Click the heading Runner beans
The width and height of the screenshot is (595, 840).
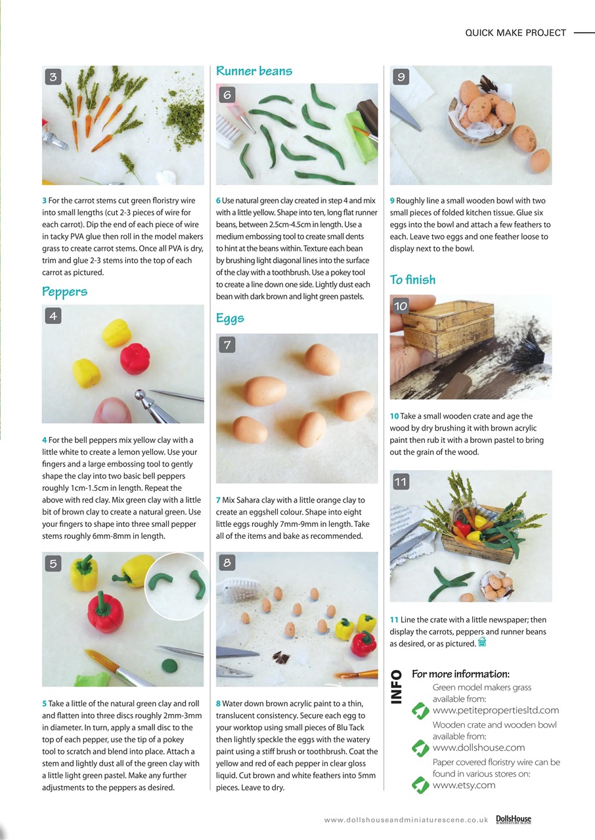click(254, 71)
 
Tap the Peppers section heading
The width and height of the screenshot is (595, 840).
click(64, 291)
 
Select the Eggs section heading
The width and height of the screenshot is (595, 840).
click(230, 318)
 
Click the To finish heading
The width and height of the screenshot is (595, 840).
click(412, 280)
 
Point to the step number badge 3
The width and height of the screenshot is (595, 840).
click(53, 77)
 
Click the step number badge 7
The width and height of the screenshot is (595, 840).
click(227, 345)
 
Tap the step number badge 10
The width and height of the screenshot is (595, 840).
click(401, 305)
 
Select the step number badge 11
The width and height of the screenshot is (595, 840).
click(401, 482)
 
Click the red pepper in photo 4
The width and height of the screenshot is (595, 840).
click(135, 358)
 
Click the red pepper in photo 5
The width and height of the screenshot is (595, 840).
click(105, 612)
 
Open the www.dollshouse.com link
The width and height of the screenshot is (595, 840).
click(478, 747)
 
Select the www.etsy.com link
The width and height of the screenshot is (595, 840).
click(464, 785)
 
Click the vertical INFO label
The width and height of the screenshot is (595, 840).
click(397, 687)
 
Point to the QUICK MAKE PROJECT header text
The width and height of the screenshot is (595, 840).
click(515, 33)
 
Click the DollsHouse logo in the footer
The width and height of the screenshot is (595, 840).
click(513, 819)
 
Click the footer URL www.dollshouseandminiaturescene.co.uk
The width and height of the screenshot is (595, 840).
click(405, 820)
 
